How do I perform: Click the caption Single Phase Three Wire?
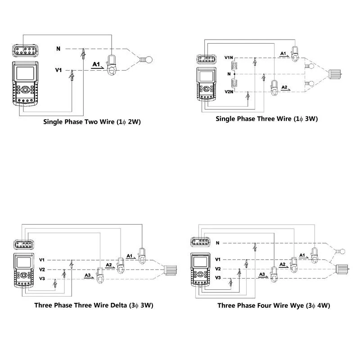(267, 119)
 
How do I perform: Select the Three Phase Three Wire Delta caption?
(94, 305)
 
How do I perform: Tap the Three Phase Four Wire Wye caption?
(274, 305)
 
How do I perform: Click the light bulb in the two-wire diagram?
(146, 58)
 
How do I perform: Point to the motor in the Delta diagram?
(171, 270)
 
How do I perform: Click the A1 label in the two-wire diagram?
(96, 65)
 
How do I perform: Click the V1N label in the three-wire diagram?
(229, 58)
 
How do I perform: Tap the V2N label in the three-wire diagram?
(229, 91)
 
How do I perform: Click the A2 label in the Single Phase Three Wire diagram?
(284, 86)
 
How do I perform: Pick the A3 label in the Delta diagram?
(88, 275)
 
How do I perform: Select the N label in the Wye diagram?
(218, 243)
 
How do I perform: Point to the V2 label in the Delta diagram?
(42, 270)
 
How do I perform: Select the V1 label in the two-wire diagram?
(58, 70)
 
